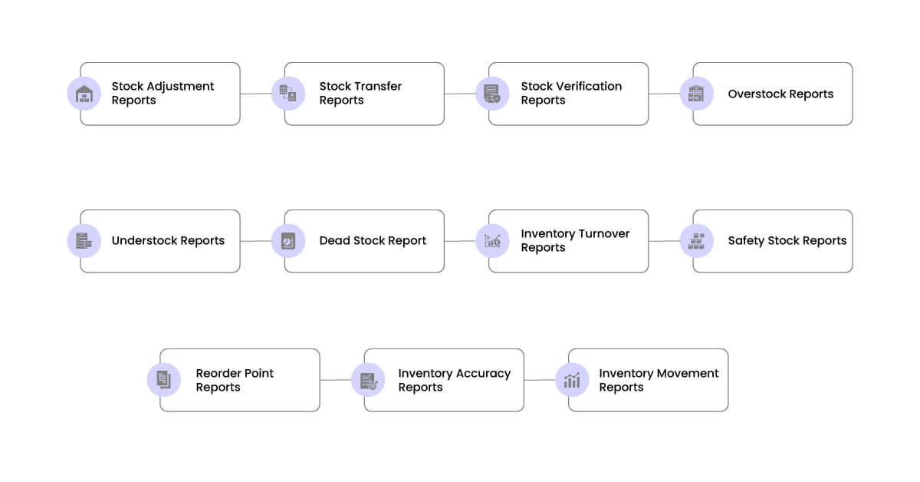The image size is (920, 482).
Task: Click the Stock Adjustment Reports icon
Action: coord(84,94)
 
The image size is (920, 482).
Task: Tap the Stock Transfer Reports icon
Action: coord(288,94)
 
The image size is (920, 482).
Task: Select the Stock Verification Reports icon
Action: coord(492,94)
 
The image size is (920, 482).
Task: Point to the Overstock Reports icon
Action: coord(696,94)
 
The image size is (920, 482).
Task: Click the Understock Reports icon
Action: coord(84,241)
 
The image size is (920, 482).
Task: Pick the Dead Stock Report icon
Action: coord(288,241)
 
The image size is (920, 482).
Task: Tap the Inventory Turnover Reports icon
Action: coord(492,241)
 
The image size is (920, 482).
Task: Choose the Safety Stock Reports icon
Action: coord(696,241)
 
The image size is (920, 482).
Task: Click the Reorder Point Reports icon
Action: coord(164,380)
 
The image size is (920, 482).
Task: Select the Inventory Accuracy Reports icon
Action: coord(368,380)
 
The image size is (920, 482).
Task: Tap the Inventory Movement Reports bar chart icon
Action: coord(572,380)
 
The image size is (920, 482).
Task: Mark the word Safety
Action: coord(746,240)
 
